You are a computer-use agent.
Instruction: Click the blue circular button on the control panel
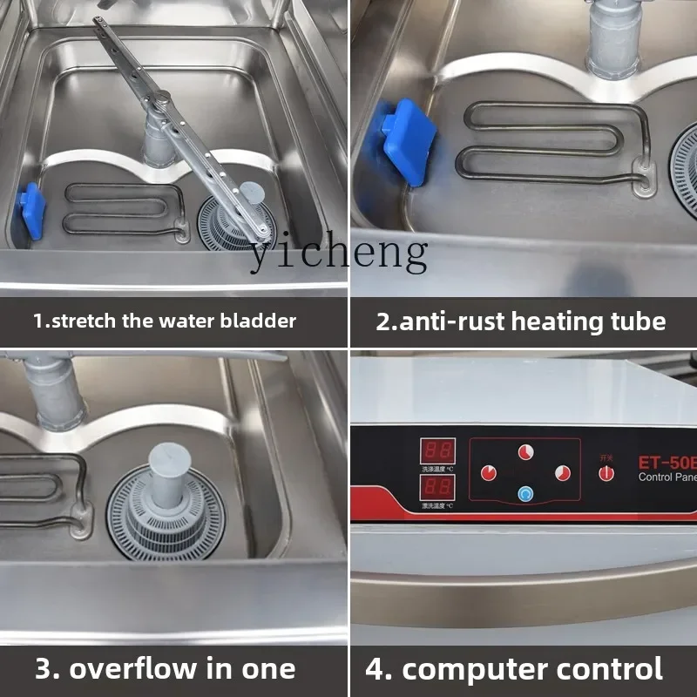tap(525, 494)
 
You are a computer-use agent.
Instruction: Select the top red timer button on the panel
tap(525, 452)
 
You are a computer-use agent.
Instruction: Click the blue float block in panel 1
tap(32, 212)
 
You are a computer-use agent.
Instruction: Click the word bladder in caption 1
tap(258, 321)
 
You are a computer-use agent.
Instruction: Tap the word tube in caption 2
tap(636, 321)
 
